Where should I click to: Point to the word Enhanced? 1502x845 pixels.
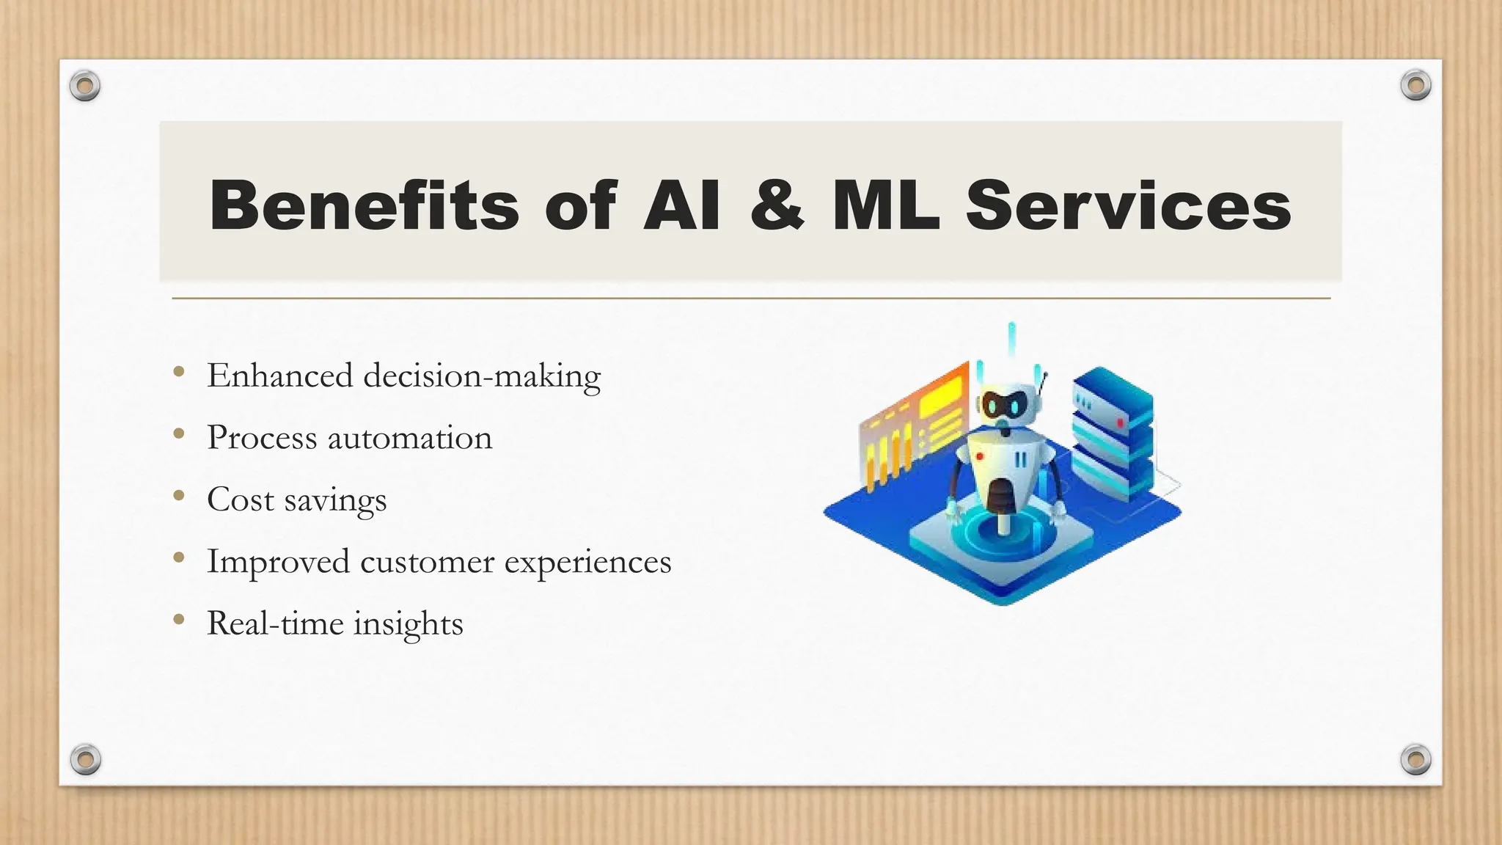(280, 376)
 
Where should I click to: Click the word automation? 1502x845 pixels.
(410, 439)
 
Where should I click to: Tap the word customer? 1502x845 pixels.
(428, 563)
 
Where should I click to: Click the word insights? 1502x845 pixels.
(409, 624)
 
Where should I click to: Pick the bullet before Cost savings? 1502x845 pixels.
(179, 496)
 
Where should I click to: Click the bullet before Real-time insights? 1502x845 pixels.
(179, 620)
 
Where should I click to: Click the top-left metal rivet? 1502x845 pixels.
(84, 87)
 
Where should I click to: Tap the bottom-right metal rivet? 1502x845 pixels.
(1415, 759)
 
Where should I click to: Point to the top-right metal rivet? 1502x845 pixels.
(1415, 85)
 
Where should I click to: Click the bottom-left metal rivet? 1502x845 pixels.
(85, 759)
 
